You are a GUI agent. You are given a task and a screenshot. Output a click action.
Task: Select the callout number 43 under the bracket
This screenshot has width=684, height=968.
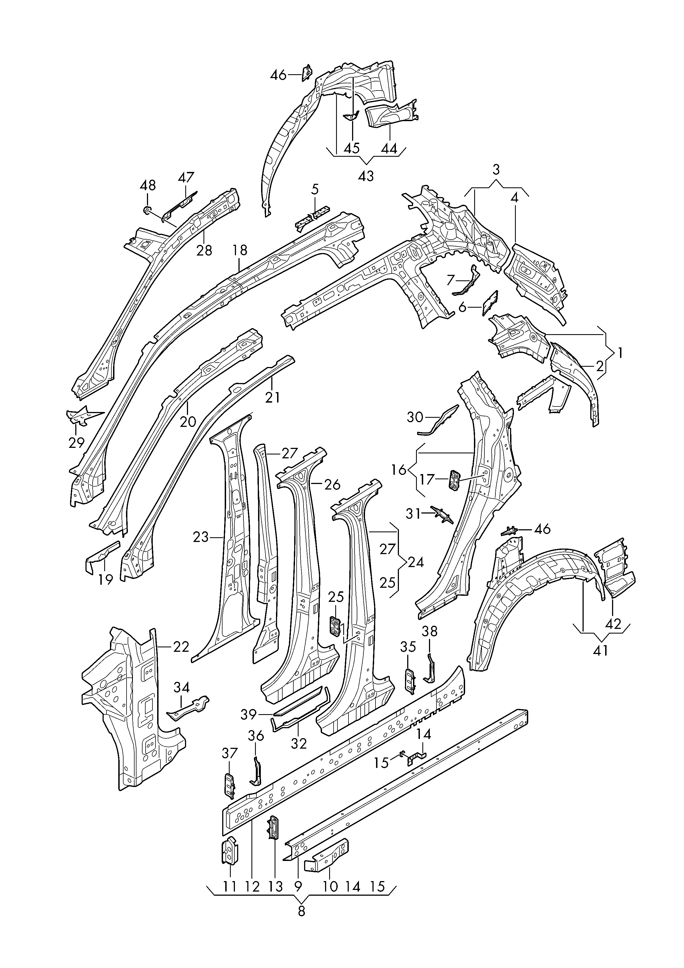[366, 176]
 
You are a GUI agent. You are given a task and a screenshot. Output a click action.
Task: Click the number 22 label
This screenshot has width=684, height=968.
[181, 647]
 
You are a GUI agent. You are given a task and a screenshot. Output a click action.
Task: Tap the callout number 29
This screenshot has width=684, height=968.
[76, 443]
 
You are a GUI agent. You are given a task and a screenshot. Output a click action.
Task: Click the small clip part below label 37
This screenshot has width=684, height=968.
[229, 786]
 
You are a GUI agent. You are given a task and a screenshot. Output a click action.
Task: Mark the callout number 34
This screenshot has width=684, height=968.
[182, 688]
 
